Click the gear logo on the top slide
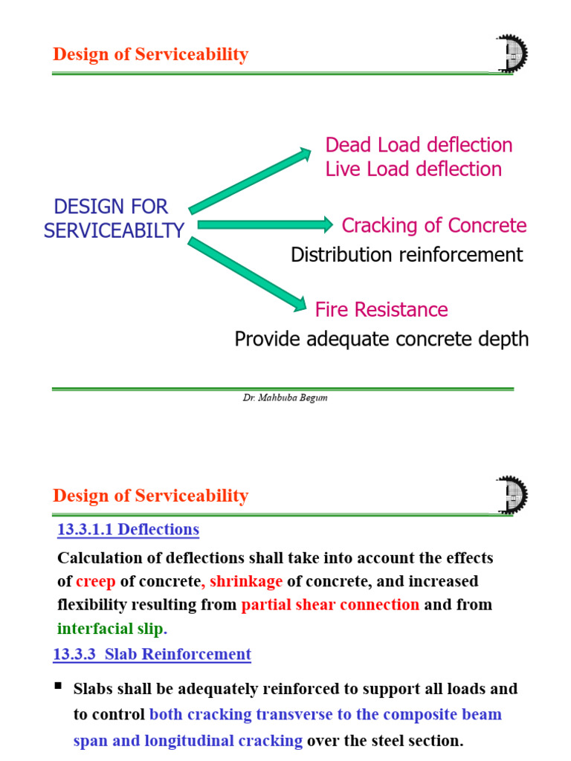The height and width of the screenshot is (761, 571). [x=511, y=54]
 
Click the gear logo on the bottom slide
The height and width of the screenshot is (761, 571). [x=511, y=495]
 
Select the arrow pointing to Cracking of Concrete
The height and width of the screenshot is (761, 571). [x=265, y=224]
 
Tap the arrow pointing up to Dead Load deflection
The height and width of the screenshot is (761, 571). [x=250, y=181]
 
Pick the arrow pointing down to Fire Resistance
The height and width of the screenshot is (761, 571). [x=247, y=273]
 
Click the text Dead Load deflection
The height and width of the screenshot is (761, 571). [x=419, y=145]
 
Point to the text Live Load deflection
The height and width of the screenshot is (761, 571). [x=413, y=169]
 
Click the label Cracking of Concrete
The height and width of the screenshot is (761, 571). [x=433, y=225]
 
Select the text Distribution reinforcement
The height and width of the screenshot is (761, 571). [x=407, y=255]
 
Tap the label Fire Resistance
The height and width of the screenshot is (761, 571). [x=381, y=309]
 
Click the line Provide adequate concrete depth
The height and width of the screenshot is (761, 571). [x=381, y=339]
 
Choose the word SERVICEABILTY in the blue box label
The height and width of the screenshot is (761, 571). [x=114, y=230]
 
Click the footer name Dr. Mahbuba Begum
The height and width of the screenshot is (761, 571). [x=285, y=398]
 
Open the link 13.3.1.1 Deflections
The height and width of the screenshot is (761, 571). [x=128, y=530]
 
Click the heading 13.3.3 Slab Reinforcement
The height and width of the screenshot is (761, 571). [x=152, y=654]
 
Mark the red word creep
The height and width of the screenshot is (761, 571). [x=96, y=580]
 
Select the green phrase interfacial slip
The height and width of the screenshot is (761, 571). [x=109, y=629]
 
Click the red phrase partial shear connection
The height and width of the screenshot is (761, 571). [x=330, y=604]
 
